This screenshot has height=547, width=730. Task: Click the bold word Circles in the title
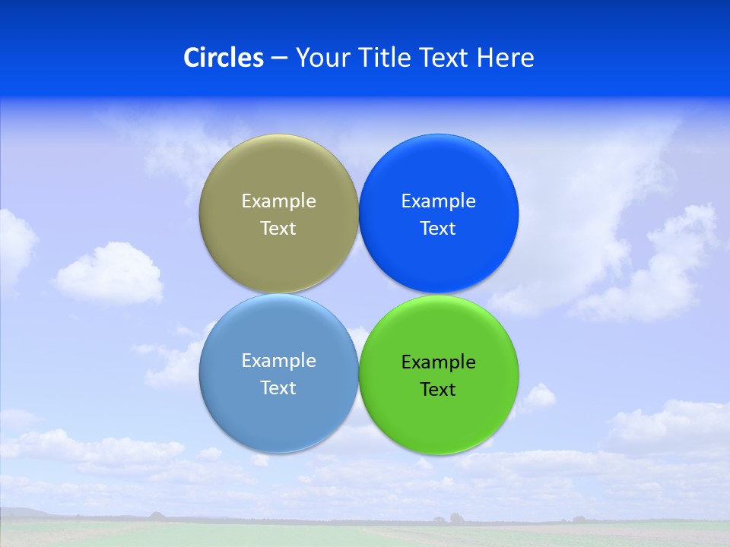[223, 58]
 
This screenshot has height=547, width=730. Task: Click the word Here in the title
[506, 58]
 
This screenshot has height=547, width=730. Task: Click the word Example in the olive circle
[278, 201]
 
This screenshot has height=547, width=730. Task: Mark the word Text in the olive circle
[278, 229]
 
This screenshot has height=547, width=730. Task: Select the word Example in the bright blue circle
[438, 201]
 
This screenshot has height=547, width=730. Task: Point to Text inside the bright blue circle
[438, 229]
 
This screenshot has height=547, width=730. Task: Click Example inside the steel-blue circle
[278, 360]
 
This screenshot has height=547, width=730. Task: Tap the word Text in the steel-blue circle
[278, 388]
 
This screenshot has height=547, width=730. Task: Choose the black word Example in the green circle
[438, 362]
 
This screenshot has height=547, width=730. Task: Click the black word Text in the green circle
[438, 390]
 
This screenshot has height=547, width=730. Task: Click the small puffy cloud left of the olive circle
[109, 273]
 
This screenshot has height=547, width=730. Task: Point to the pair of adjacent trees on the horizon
[448, 519]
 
